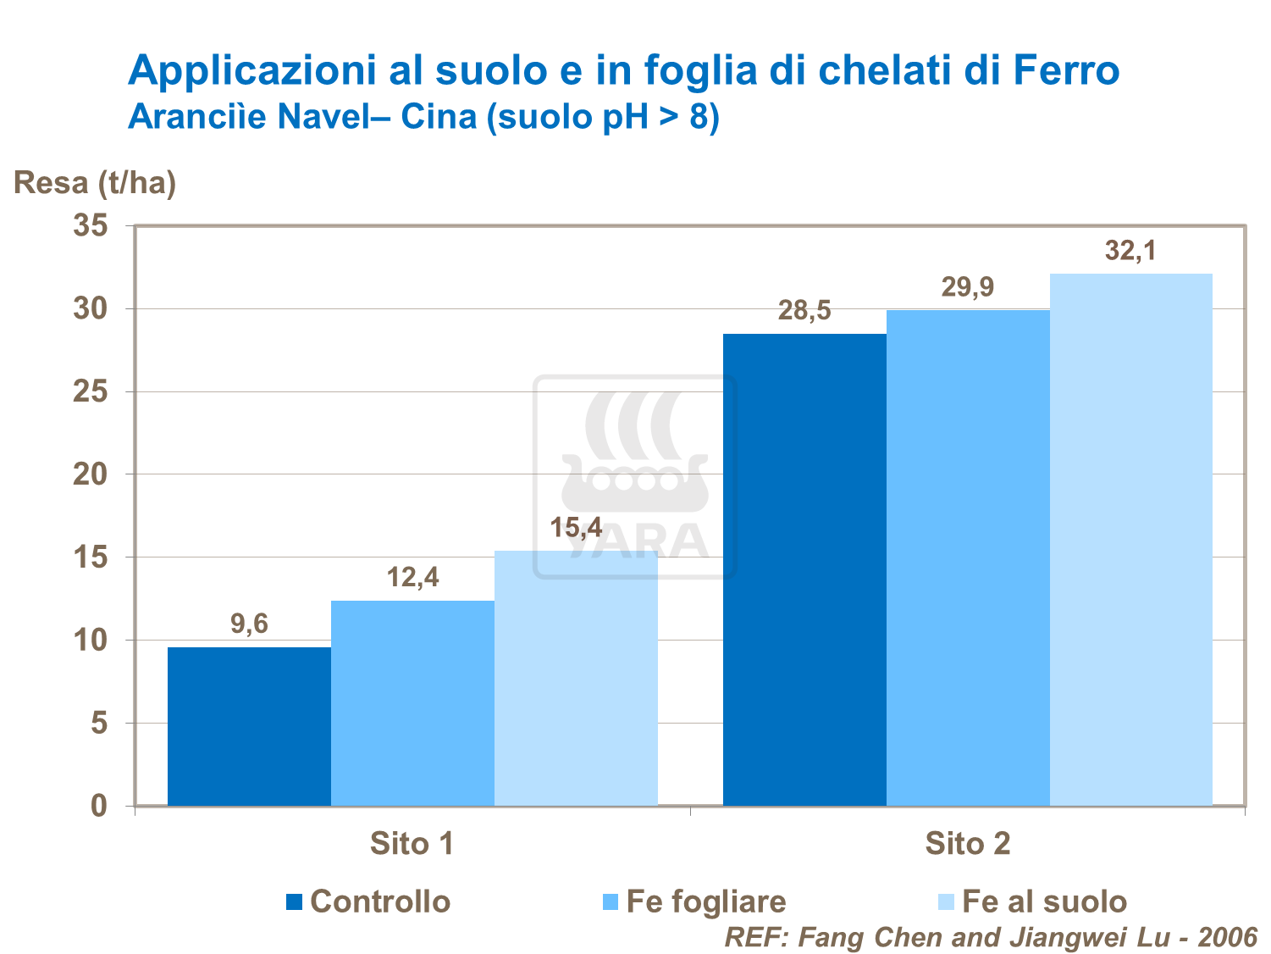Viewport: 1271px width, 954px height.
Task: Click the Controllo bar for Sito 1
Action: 249,726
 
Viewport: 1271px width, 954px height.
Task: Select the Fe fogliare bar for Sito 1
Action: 412,703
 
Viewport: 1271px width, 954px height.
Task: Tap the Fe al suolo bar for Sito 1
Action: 576,678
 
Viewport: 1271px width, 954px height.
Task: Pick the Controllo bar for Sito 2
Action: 804,569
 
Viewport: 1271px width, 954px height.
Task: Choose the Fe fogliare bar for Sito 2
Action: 968,557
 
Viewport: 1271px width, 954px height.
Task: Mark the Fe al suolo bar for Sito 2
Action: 1131,539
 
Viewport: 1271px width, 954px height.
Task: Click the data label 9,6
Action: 249,624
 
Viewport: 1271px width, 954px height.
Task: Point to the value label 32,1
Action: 1130,251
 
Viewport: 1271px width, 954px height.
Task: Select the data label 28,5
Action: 804,311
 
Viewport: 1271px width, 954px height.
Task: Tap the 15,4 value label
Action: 576,528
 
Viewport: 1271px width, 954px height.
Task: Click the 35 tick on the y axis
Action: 91,226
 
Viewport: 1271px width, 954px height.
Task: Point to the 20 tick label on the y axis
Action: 91,474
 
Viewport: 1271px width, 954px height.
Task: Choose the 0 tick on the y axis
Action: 100,806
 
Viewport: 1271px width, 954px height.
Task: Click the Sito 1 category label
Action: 412,844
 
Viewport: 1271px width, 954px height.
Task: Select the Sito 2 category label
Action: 967,844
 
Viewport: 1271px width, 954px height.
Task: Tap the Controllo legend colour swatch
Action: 295,902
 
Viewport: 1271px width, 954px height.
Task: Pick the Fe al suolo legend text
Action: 1045,901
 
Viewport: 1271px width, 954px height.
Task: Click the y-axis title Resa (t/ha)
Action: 95,182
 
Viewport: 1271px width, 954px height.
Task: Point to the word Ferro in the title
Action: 1066,70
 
